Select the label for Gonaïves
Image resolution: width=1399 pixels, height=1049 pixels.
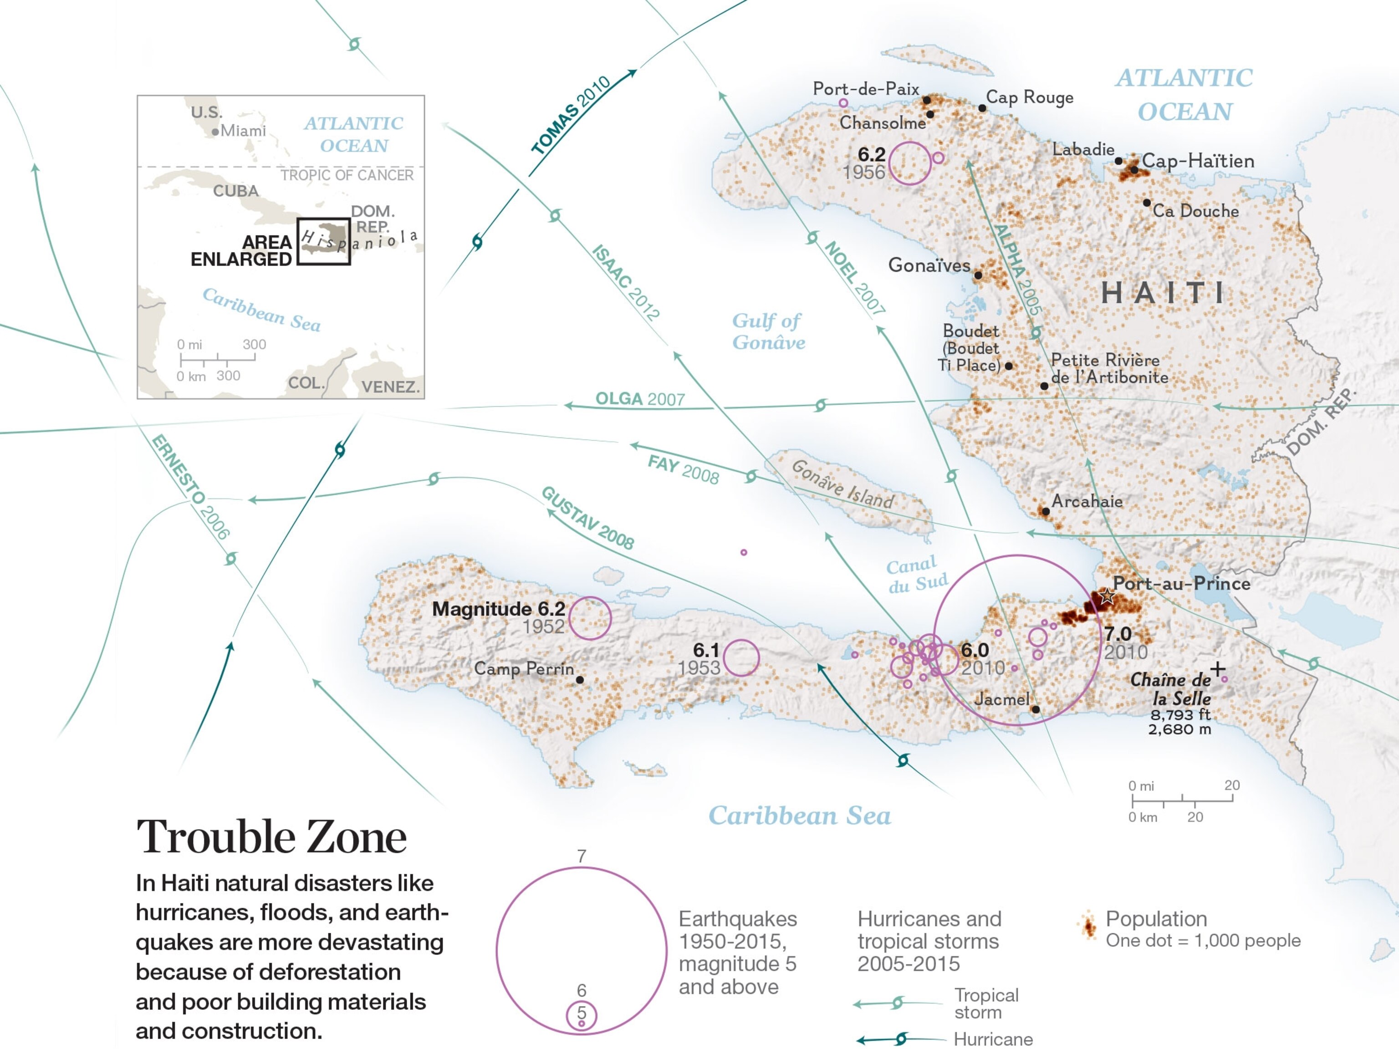929,265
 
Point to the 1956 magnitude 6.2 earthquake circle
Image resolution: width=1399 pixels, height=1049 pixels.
910,163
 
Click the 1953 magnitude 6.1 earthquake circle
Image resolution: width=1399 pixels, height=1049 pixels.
741,657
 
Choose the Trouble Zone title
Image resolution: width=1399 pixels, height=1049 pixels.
271,837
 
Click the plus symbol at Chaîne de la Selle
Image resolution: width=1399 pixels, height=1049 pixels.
1217,669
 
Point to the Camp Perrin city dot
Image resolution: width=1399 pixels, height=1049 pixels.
579,680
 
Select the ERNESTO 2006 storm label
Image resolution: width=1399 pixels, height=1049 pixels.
190,486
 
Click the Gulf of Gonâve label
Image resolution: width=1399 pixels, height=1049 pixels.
768,331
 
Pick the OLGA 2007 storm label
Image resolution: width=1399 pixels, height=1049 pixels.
639,399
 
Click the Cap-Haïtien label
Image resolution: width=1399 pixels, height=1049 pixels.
1197,161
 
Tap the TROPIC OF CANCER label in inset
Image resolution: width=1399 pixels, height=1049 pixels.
347,175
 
